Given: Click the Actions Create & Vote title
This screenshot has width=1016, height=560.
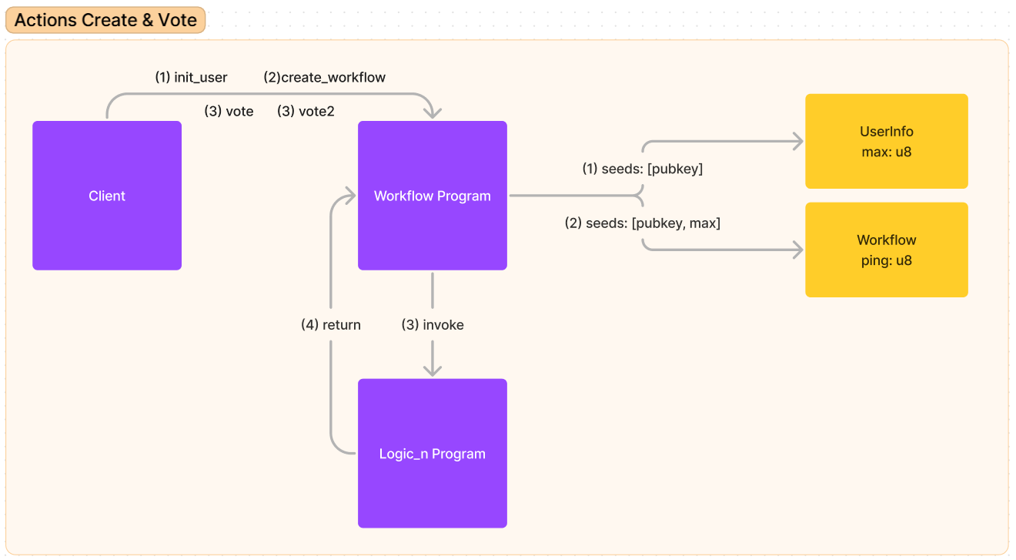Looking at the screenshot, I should (105, 20).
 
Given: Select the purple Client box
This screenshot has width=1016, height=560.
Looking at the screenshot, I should (107, 196).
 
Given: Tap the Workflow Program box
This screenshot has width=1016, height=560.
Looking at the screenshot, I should (432, 196).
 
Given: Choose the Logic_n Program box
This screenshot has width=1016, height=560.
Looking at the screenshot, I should (432, 454).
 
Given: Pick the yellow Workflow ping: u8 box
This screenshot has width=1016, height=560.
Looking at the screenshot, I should (886, 250).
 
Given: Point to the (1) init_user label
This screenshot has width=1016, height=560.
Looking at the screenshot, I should (191, 77).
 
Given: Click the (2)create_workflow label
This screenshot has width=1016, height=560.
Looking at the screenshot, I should (324, 77).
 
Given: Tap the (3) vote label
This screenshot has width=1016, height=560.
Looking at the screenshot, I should (229, 111).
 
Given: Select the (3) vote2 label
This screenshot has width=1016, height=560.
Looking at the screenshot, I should (306, 111).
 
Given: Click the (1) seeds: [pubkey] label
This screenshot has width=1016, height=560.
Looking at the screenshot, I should (642, 169).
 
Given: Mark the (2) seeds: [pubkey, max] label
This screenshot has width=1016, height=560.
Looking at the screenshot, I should (642, 223).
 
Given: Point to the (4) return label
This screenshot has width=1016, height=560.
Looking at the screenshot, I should (330, 325).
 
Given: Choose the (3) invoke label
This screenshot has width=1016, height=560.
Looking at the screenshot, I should (433, 325).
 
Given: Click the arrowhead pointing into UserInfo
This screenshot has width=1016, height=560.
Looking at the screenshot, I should (797, 142).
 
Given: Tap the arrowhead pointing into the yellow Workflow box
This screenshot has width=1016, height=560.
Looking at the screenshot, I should (797, 250).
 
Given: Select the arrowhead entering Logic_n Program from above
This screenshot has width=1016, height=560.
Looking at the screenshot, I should (433, 371).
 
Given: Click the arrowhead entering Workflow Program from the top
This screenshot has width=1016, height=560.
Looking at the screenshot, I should (433, 113).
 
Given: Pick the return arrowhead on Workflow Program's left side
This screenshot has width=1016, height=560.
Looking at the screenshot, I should (350, 196).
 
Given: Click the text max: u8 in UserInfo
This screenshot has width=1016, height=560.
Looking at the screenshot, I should (886, 152).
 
